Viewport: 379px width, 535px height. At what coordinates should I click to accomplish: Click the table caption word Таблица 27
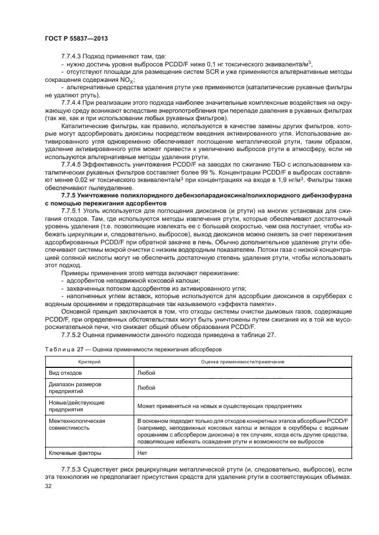pos(64,349)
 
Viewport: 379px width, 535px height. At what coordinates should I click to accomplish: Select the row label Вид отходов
pos(66,372)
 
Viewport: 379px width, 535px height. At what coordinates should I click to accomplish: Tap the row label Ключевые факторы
pos(75,453)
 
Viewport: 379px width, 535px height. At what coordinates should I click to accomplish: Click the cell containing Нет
pos(143,453)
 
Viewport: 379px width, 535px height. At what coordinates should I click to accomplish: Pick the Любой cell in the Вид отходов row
pos(147,372)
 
